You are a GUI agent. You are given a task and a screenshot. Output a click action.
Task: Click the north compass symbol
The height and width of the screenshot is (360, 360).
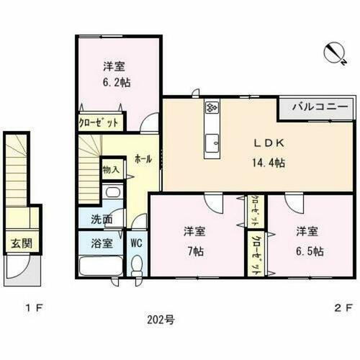(x=333, y=51)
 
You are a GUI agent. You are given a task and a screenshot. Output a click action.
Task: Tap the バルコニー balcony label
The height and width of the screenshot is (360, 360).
(x=320, y=107)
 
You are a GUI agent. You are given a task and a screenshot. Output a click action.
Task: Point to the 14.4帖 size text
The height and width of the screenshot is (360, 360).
(x=267, y=163)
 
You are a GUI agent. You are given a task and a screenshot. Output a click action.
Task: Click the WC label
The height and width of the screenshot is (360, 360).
(x=137, y=243)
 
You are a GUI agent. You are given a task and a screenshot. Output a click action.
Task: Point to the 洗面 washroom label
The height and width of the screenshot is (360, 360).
(x=102, y=219)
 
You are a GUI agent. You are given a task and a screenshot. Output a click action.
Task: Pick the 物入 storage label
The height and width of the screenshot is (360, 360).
(x=112, y=170)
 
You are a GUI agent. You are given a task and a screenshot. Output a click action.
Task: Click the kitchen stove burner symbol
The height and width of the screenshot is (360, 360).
(x=212, y=108)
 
